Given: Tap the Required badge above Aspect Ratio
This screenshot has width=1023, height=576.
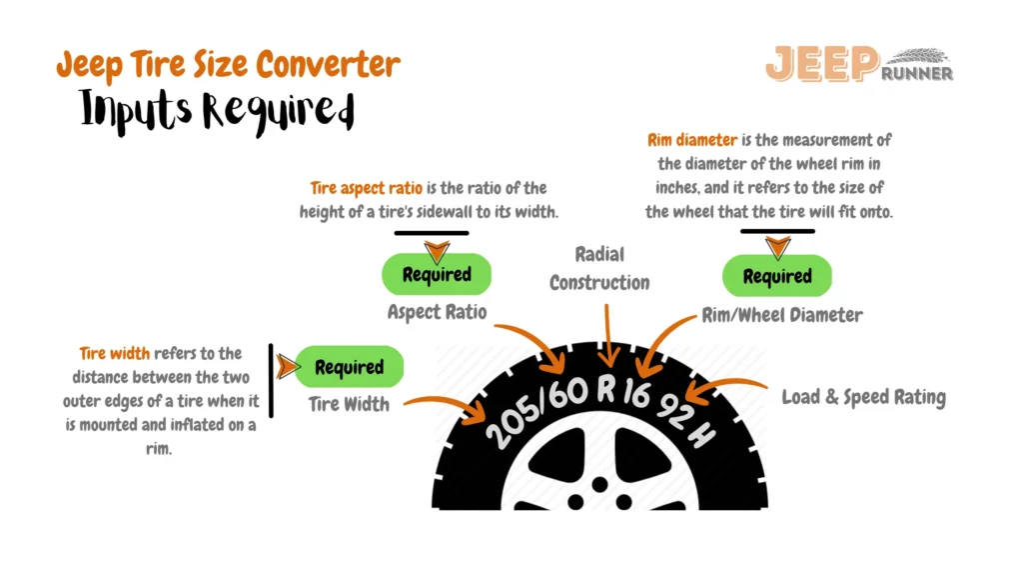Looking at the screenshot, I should coord(437,274).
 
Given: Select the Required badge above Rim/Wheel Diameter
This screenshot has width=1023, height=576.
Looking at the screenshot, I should coord(777,276).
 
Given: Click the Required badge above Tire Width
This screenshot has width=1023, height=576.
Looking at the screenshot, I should coord(350,367).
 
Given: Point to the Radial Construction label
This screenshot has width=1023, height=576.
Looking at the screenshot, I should coord(599,268).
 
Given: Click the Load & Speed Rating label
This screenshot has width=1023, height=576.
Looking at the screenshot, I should coord(863,397).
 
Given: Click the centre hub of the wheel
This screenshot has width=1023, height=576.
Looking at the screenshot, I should coord(599,485).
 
